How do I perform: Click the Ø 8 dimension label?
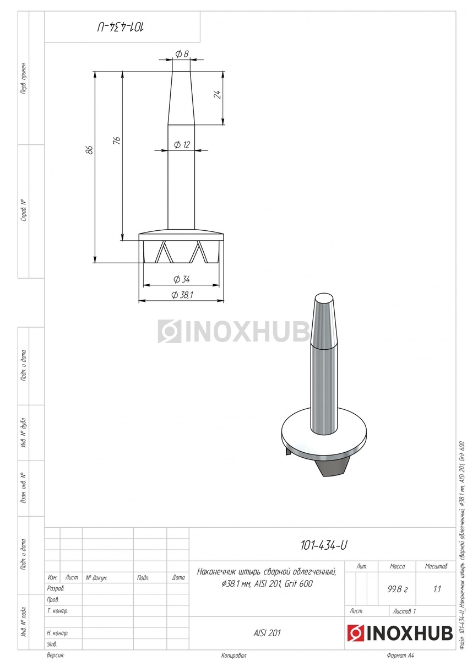click(x=182, y=54)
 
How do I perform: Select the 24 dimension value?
click(x=218, y=94)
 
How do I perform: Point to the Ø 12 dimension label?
click(x=182, y=145)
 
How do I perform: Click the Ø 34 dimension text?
click(x=181, y=279)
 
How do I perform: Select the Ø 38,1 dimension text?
click(x=182, y=295)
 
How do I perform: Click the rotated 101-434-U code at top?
click(x=121, y=27)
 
